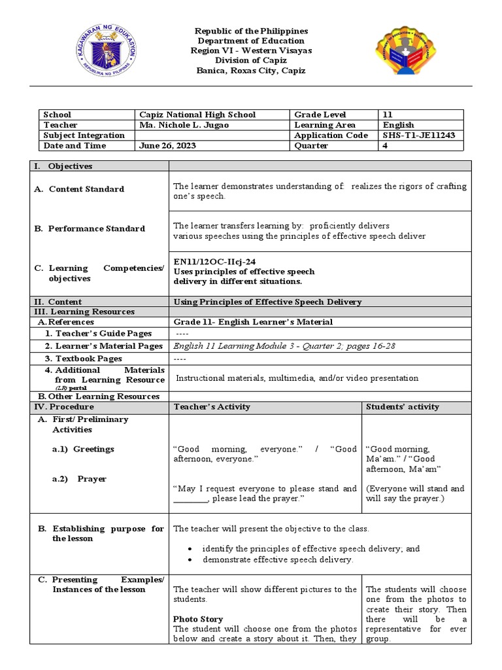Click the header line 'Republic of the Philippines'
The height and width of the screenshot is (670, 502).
click(251, 31)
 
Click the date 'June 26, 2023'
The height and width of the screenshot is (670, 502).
click(159, 146)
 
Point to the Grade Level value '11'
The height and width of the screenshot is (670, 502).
click(388, 115)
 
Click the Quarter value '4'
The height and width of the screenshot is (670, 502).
click(386, 146)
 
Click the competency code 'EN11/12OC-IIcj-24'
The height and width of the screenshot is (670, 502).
click(214, 260)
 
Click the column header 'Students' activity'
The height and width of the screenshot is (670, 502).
click(402, 407)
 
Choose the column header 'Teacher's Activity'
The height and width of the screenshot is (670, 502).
click(212, 407)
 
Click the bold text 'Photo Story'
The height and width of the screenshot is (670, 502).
click(197, 619)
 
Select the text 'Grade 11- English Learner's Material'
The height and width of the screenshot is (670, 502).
click(253, 322)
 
